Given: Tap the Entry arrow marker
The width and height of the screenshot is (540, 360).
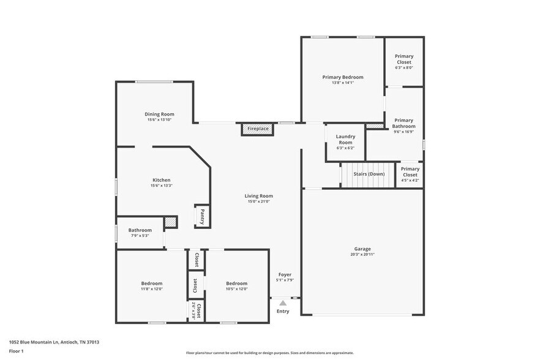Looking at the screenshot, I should point(282,302).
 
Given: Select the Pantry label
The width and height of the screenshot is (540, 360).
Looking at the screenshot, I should point(202,216).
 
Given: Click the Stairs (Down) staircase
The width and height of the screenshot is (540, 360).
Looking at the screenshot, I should point(369,174).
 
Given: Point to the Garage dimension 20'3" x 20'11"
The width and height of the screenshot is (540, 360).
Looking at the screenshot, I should point(362,255).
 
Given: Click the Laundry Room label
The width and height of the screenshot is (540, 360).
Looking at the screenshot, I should point(345,140).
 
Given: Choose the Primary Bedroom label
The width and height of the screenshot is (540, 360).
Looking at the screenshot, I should point(343,77).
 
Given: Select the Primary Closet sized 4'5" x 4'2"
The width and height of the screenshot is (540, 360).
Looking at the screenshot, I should point(410,171).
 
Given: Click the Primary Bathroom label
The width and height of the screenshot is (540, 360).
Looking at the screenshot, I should point(404,123).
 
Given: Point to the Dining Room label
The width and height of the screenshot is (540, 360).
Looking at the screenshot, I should point(159,114).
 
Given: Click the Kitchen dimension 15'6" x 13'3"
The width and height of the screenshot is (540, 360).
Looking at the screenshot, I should point(162,186).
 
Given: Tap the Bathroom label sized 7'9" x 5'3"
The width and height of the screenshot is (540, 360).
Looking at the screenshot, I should point(140,230).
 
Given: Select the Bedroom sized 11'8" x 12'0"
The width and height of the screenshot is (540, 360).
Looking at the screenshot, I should point(152,283).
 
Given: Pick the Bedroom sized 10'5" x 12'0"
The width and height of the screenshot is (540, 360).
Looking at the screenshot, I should point(236,283).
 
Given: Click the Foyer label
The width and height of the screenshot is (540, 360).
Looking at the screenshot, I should point(285,274).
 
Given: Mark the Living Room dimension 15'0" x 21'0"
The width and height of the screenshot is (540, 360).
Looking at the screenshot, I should point(260,201).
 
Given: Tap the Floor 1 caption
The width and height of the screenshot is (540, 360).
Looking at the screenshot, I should point(16,351).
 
